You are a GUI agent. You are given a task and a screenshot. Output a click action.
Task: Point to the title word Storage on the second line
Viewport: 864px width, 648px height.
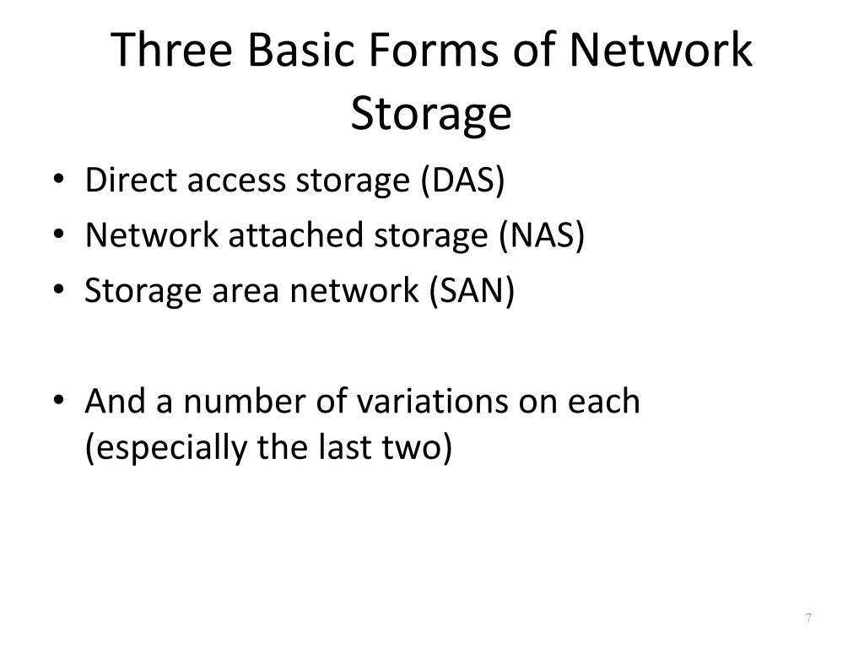click(x=431, y=112)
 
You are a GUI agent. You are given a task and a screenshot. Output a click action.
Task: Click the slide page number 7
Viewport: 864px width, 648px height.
click(x=808, y=619)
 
